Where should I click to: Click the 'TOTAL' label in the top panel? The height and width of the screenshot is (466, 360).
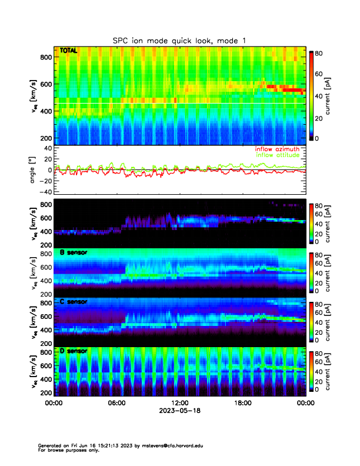69,51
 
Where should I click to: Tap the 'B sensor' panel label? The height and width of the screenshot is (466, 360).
74,253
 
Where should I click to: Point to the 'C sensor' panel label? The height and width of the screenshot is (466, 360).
74,302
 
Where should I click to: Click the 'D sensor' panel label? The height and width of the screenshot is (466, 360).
74,351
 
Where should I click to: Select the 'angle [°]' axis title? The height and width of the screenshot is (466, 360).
34,169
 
